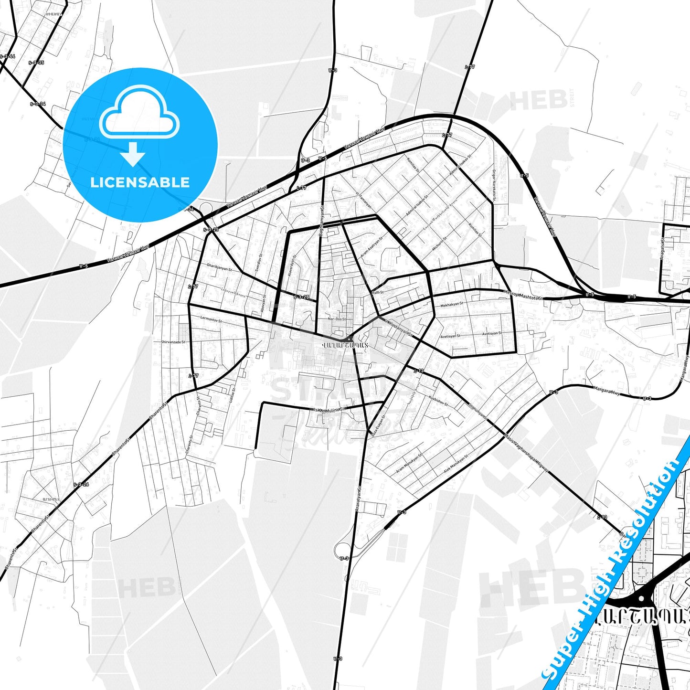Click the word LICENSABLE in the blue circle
click(x=140, y=182)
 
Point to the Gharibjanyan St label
click(x=219, y=269)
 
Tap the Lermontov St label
click(x=211, y=318)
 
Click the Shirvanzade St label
click(x=173, y=342)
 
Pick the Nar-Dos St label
click(x=337, y=318)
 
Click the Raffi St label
click(x=377, y=292)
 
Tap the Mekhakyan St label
click(x=451, y=304)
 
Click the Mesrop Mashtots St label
click(x=523, y=295)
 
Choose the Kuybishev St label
click(x=438, y=401)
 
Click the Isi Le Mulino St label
click(x=329, y=409)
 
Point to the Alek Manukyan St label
click(x=456, y=463)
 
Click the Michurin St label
click(x=439, y=243)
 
